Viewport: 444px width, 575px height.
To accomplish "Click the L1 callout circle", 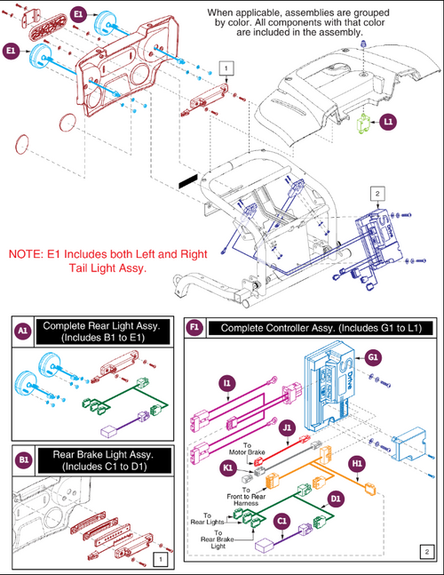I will [390, 125].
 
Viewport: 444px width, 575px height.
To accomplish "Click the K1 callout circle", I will [229, 467].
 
